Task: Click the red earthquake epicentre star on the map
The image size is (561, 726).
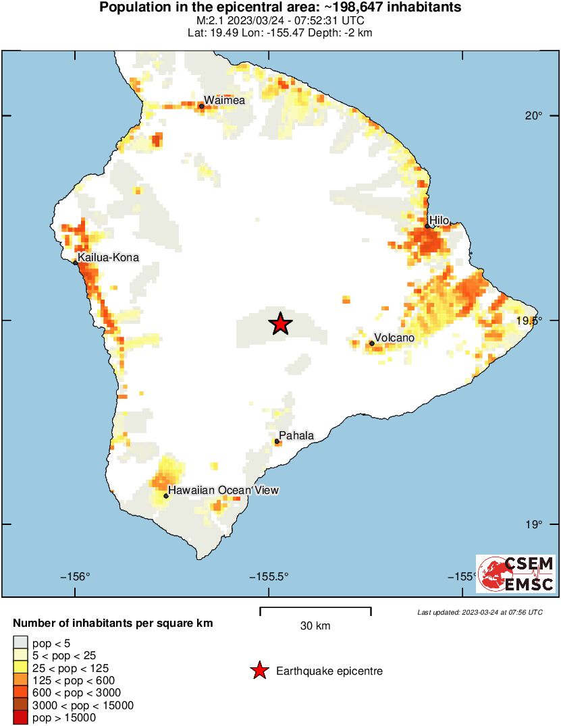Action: click(280, 324)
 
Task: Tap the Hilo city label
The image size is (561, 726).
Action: click(439, 219)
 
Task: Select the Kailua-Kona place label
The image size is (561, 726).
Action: click(108, 258)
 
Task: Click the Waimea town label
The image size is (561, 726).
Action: click(224, 101)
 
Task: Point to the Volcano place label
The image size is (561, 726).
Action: click(394, 337)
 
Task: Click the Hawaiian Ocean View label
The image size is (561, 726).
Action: click(223, 491)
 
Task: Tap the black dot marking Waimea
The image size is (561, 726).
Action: click(201, 106)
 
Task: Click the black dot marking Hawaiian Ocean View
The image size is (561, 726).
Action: click(166, 496)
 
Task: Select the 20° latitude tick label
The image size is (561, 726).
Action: click(534, 115)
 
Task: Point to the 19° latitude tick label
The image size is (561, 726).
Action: click(534, 524)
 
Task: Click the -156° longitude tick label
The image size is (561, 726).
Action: click(75, 576)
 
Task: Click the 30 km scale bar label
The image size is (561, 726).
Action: click(315, 626)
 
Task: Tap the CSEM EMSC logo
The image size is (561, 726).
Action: click(516, 574)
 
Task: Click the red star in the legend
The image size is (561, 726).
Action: click(258, 671)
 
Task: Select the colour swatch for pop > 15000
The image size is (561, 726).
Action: click(21, 718)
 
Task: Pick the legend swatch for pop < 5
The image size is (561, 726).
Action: click(21, 642)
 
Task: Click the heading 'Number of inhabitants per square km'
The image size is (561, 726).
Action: click(113, 623)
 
